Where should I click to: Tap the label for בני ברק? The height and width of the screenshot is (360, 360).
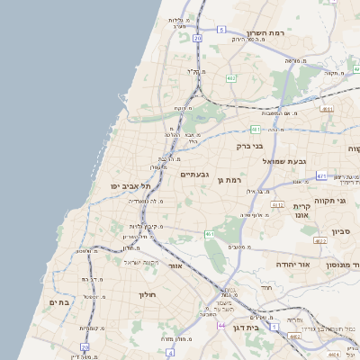point(249,145)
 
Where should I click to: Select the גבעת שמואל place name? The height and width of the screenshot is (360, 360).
point(286,160)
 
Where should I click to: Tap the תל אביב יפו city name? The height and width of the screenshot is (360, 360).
point(129,184)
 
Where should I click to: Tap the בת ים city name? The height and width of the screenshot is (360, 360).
point(57,302)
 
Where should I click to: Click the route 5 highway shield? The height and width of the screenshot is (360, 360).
point(221,30)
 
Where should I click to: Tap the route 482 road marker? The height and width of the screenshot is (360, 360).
point(231,78)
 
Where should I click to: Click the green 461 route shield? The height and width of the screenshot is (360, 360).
point(209,234)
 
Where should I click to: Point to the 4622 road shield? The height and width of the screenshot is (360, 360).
point(320,241)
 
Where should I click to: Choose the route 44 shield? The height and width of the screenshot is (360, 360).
point(221,325)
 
